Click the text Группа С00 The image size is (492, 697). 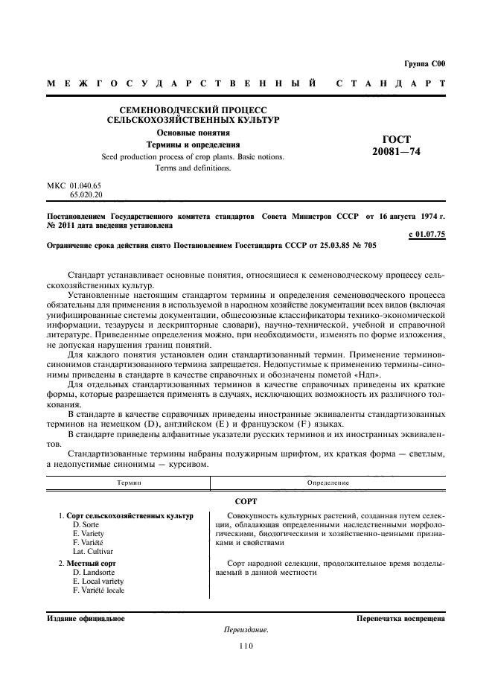coord(425,66)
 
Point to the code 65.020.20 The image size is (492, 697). coord(86,194)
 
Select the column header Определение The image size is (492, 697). coord(328,483)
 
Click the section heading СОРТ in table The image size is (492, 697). coord(246,500)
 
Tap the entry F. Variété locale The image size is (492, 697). coord(99,591)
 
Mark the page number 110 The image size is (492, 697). coord(246,646)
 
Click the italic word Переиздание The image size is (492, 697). coord(246,630)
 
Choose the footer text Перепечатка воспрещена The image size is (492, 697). coord(400,617)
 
